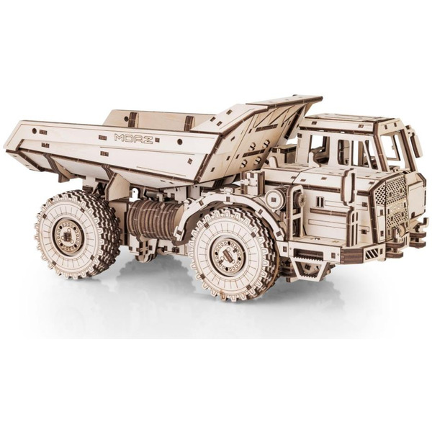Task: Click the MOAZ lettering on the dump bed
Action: point(133,138)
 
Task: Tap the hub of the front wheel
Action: point(228,255)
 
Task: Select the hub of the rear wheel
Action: point(68,236)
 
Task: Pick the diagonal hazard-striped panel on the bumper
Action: point(372,254)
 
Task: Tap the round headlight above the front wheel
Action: point(274,197)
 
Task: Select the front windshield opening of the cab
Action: point(392,148)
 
